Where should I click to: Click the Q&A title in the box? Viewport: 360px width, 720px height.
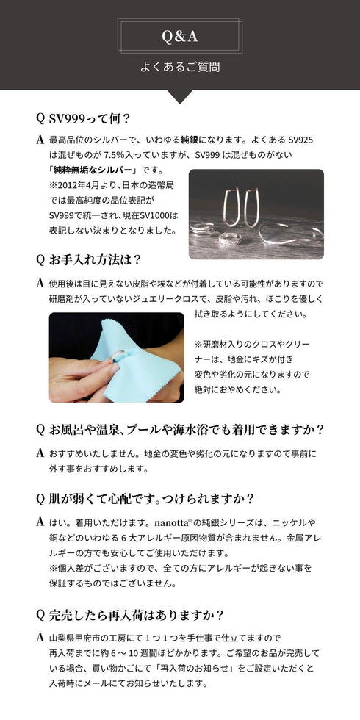180,36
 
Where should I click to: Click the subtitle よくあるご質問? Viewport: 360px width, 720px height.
180,67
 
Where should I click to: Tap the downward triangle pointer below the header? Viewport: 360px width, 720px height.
180,96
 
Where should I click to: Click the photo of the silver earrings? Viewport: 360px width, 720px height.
256,214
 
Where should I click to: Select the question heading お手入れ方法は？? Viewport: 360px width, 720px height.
94,259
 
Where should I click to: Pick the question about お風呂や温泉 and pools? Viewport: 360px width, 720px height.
180,429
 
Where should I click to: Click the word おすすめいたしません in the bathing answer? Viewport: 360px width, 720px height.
93,453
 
